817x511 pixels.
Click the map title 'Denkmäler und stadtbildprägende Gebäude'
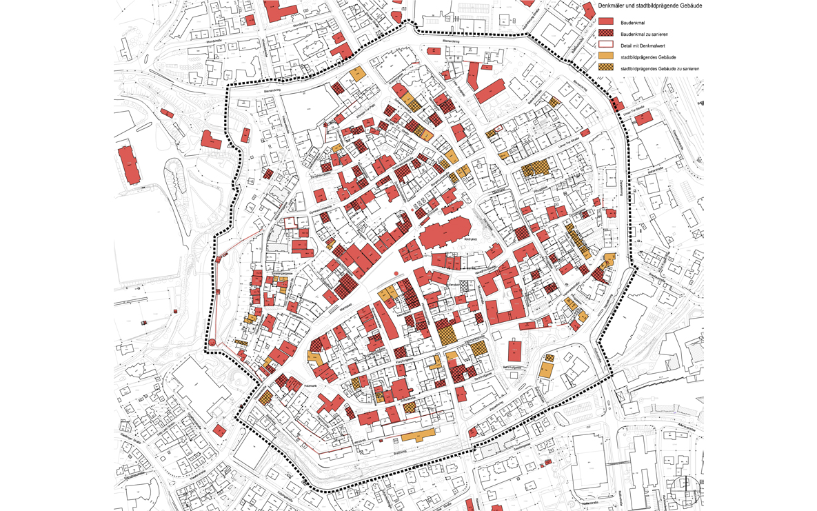(x=650, y=6)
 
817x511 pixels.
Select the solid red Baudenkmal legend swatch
(x=605, y=22)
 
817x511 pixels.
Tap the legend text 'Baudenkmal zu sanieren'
(x=644, y=34)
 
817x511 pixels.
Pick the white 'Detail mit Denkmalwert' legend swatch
(x=605, y=45)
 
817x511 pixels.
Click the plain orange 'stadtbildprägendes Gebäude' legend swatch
(x=605, y=57)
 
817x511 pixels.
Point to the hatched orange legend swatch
(x=605, y=68)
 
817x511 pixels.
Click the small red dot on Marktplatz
(x=396, y=274)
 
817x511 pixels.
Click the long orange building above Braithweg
(x=418, y=436)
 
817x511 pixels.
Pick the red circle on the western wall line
(x=213, y=342)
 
